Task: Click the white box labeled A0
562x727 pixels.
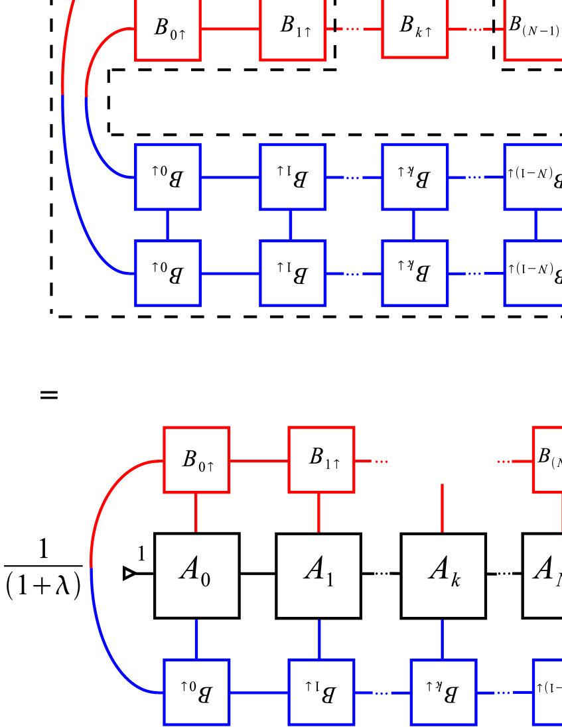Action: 196,575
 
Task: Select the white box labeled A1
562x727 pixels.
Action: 318,575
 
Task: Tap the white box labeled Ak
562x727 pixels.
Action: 443,575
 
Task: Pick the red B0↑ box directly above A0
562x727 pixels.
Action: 196,460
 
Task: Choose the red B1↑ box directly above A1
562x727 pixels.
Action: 321,460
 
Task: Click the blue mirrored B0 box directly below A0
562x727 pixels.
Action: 196,693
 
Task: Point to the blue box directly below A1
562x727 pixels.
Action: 321,693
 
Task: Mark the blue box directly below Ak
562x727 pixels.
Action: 443,693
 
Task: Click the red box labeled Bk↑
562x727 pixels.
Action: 415,28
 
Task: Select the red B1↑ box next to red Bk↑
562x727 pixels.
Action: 293,28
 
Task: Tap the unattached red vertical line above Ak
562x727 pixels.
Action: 443,508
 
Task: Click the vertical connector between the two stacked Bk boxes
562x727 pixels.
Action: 415,226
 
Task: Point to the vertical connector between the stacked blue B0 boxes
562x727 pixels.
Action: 167,226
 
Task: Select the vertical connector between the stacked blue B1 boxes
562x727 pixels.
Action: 291,226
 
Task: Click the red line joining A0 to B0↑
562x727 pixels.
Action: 196,513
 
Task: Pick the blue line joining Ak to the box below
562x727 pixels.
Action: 443,638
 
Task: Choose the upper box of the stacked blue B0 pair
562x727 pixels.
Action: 167,177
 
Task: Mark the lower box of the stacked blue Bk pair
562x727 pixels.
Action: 415,273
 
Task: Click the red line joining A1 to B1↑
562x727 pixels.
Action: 320,513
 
